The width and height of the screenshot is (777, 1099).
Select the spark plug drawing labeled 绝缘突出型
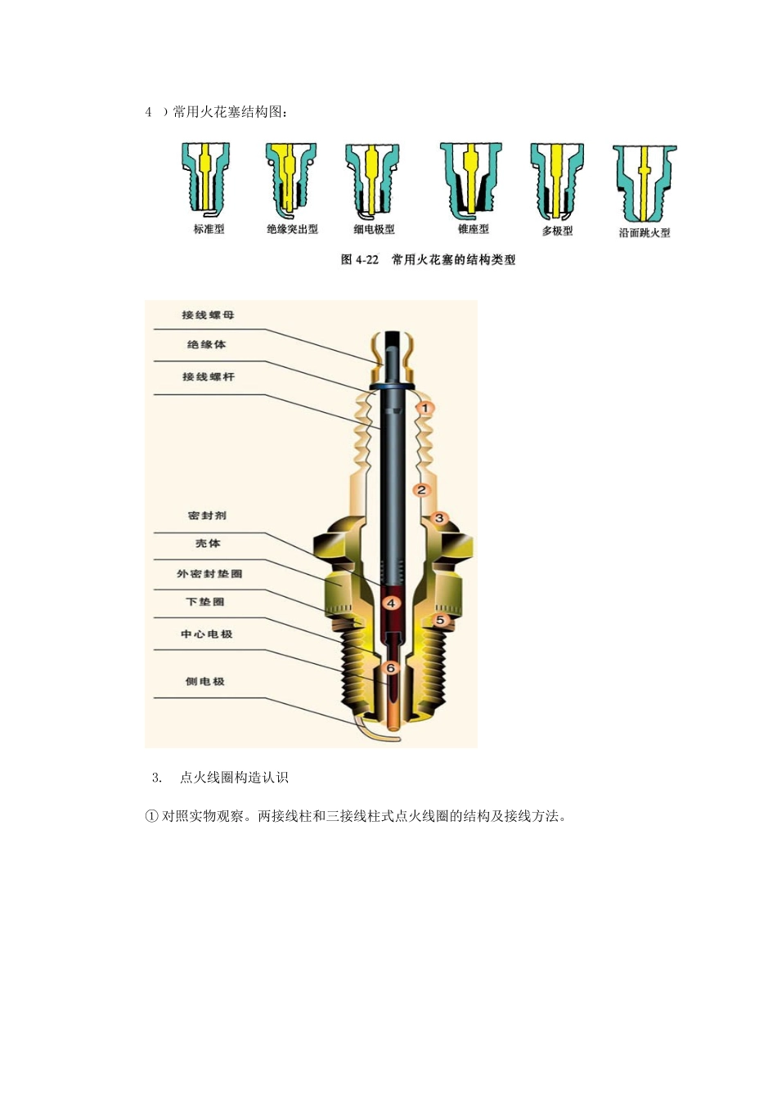[290, 178]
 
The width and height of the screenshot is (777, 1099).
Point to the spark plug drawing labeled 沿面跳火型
[645, 182]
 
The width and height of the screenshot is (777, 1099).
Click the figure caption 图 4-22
[428, 260]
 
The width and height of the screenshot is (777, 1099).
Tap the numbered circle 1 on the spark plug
[424, 407]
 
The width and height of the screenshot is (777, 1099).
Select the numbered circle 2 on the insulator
[421, 490]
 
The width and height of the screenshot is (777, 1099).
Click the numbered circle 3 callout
[439, 518]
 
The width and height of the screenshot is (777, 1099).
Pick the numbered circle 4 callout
[391, 603]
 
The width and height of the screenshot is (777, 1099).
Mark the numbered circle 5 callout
[439, 621]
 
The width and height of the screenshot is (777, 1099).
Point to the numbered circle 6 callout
[391, 668]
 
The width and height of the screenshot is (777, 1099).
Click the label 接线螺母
[208, 315]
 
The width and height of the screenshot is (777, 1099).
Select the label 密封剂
[207, 516]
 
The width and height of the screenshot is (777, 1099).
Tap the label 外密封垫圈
[209, 574]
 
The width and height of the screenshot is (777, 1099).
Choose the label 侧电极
[204, 681]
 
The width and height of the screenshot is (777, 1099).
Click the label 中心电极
[207, 634]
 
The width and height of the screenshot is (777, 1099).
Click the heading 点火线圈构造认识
[234, 778]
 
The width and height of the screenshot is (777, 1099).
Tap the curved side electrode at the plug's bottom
[378, 733]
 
